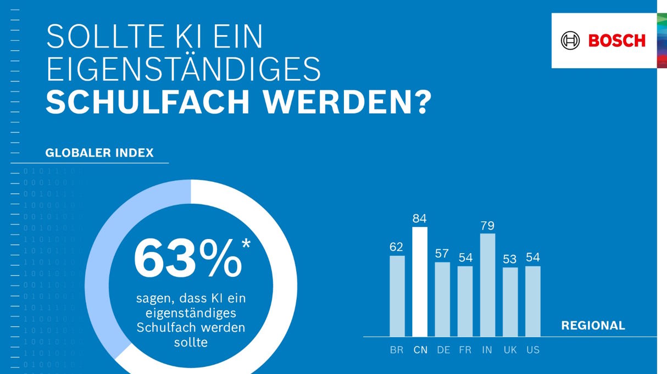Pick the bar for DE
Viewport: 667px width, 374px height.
click(x=442, y=299)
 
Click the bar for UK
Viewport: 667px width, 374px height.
click(x=510, y=302)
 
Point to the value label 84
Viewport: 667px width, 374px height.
click(x=420, y=219)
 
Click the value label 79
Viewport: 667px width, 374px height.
click(x=487, y=226)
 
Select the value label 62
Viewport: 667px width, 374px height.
click(x=397, y=247)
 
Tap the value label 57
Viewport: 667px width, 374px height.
click(x=442, y=254)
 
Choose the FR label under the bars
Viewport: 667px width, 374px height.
click(x=465, y=350)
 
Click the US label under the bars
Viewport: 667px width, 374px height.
click(x=532, y=350)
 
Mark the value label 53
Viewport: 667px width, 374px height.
click(x=510, y=259)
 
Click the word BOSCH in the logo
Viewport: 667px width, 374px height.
click(x=616, y=41)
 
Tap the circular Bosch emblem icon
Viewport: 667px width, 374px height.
click(x=570, y=41)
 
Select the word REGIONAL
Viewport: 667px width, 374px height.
click(x=593, y=326)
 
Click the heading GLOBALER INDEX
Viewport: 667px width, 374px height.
click(x=99, y=153)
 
